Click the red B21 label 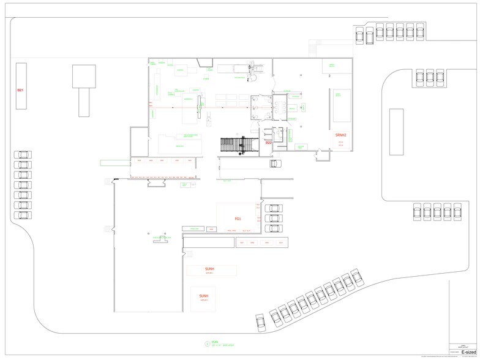click(x=20, y=90)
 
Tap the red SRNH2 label click(x=341, y=135)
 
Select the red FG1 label click(x=238, y=219)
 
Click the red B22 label click(x=268, y=143)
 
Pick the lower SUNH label click(x=204, y=296)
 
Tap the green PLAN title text click(x=215, y=343)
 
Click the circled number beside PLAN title click(x=207, y=344)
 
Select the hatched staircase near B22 click(x=236, y=144)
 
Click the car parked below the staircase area click(x=274, y=163)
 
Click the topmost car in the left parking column click(x=22, y=155)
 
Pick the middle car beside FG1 click(x=273, y=218)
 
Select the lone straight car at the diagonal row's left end click(x=260, y=320)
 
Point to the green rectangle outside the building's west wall click(x=115, y=162)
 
